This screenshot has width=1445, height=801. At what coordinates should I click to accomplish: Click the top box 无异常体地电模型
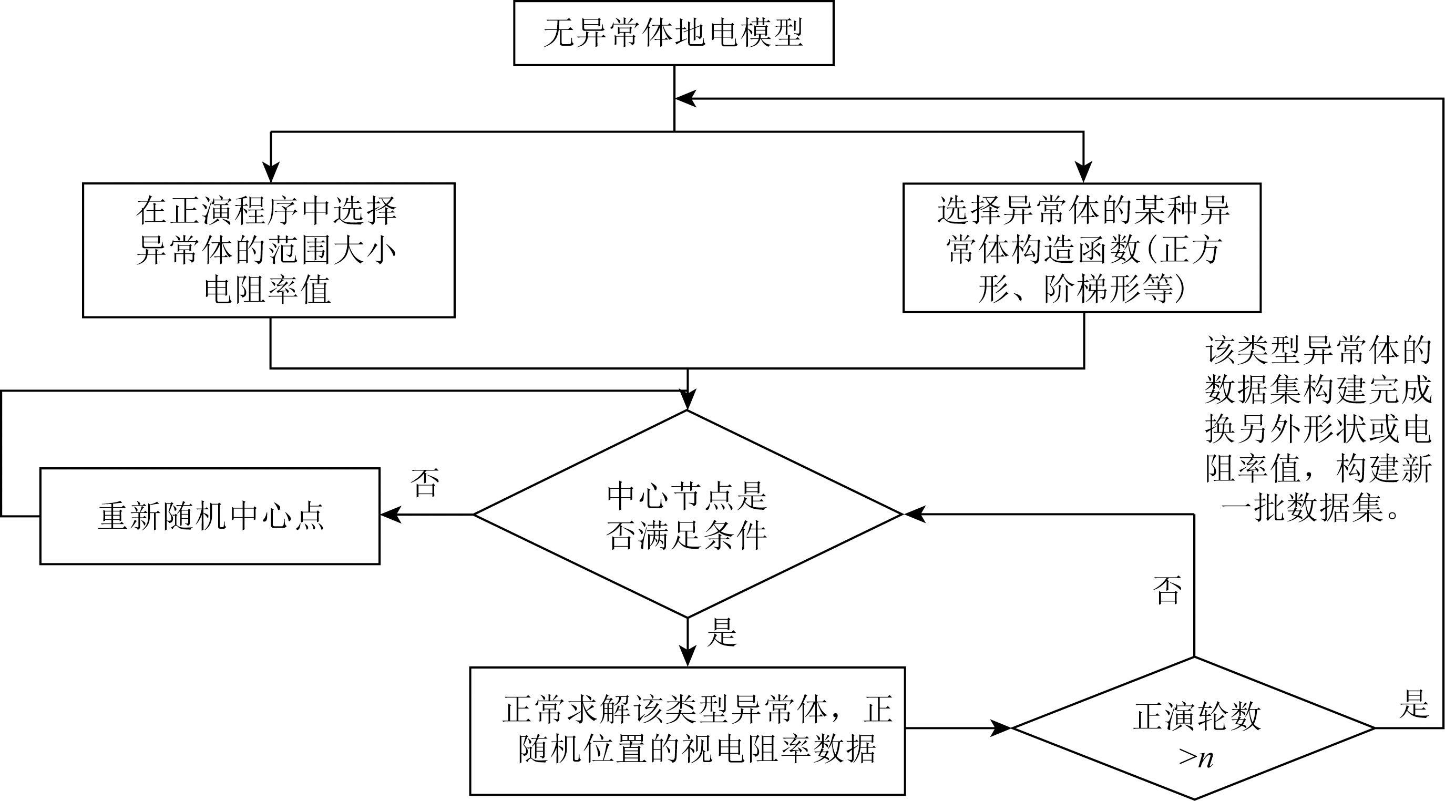click(x=674, y=33)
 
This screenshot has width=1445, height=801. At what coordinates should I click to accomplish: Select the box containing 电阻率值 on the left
click(x=268, y=250)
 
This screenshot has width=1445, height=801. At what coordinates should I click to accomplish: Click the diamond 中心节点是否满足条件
click(x=687, y=515)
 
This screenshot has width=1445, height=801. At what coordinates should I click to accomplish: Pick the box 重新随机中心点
click(x=210, y=516)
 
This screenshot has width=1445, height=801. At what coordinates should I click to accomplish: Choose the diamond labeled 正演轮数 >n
click(x=1194, y=728)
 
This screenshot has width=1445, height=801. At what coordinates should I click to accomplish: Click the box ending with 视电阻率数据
click(x=687, y=731)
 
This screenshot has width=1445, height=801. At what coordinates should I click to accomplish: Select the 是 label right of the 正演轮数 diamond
click(x=1413, y=704)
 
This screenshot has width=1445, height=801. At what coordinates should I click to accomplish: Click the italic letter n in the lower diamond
click(x=1205, y=758)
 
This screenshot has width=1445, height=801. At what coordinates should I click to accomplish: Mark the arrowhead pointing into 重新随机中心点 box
click(x=391, y=515)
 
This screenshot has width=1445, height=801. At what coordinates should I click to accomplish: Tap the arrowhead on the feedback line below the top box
click(x=685, y=99)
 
